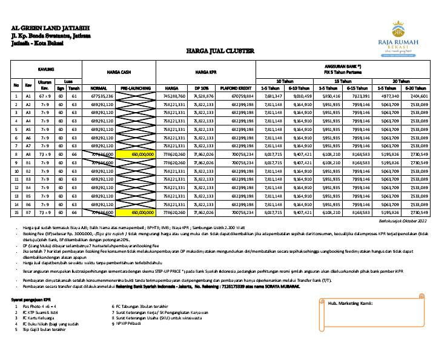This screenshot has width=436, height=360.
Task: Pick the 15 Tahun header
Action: click(x=343, y=81)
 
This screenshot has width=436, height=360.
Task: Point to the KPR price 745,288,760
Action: click(x=174, y=96)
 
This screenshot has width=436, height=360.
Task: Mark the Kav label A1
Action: click(x=28, y=96)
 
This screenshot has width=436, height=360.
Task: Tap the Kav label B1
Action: click(x=28, y=163)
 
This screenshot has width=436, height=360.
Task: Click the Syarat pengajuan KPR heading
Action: click(x=34, y=300)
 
